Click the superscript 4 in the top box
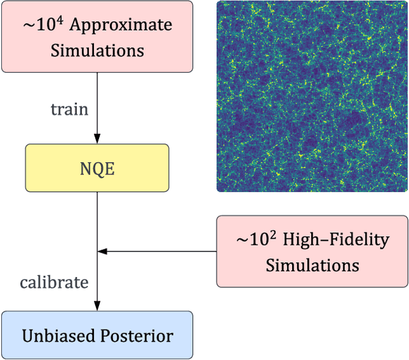coord(61,20)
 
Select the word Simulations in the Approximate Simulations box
coord(97,50)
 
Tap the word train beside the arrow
coord(69,109)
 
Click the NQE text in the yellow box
coord(97,168)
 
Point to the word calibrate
coord(54,281)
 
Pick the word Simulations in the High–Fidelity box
coord(312,264)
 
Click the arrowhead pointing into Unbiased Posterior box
coord(97,306)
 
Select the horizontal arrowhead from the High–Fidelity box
coord(102,251)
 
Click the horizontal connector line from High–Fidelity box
coord(160,251)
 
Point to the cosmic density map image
coord(312,96)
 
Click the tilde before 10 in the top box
coord(30,26)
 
